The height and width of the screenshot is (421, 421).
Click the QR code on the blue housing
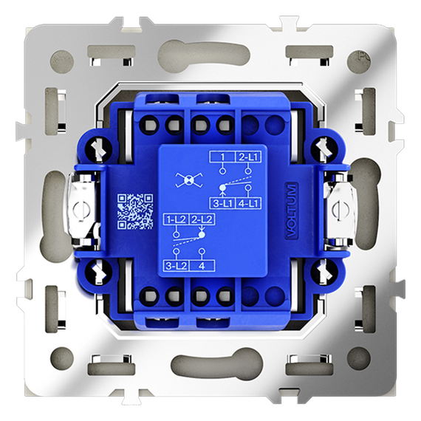tap(135, 212)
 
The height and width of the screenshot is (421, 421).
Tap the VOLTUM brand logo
tap(291, 210)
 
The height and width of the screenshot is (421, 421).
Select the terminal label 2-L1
tap(248, 157)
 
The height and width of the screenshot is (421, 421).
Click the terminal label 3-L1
tap(222, 204)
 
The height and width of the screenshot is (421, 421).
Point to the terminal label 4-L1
tap(248, 204)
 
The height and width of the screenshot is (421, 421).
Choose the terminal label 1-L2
tap(176, 219)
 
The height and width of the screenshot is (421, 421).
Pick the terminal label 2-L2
tap(202, 219)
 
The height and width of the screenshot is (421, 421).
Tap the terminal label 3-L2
tap(176, 266)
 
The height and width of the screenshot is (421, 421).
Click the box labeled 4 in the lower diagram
tap(202, 266)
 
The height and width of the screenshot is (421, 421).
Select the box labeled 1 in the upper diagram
tap(222, 157)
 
